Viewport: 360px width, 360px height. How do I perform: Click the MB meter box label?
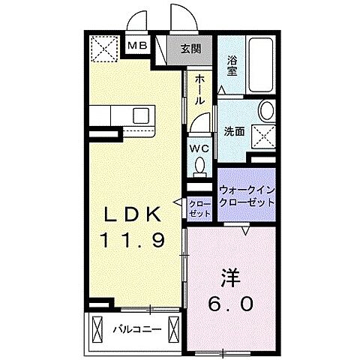pos(137,46)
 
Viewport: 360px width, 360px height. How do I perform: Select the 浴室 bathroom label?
pos(232,65)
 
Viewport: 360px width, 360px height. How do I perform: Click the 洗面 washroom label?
pos(234,131)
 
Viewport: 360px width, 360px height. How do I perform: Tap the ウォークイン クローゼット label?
pos(247,197)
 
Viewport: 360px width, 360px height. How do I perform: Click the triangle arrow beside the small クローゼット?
pos(179,202)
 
